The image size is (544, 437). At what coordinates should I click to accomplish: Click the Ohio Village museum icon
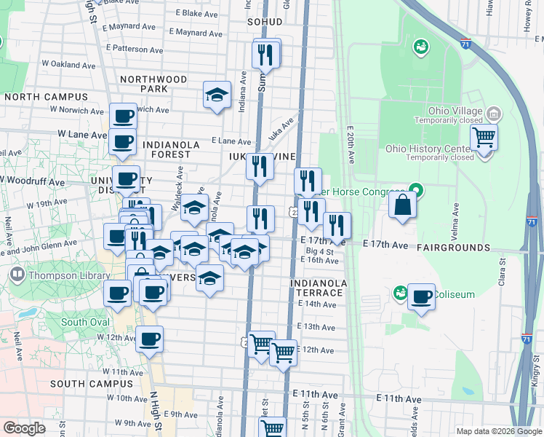click(495, 114)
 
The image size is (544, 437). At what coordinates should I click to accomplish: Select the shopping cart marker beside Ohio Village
click(484, 136)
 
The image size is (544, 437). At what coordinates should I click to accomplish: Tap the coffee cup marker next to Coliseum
click(421, 296)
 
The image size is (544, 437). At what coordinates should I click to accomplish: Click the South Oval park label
click(85, 322)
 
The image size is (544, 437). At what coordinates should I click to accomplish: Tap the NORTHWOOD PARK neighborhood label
click(153, 84)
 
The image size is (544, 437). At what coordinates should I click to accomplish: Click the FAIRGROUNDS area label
click(453, 248)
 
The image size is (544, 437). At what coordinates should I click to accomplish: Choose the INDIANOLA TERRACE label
click(316, 288)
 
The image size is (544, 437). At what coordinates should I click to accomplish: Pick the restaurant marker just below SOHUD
click(266, 52)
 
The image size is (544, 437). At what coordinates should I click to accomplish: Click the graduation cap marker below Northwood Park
click(217, 94)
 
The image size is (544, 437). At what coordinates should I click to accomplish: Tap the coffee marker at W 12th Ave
click(150, 339)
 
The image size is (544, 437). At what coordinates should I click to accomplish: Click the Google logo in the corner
click(24, 428)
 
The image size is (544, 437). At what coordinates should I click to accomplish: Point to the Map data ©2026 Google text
click(499, 431)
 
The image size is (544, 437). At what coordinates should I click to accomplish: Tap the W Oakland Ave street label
click(68, 64)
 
